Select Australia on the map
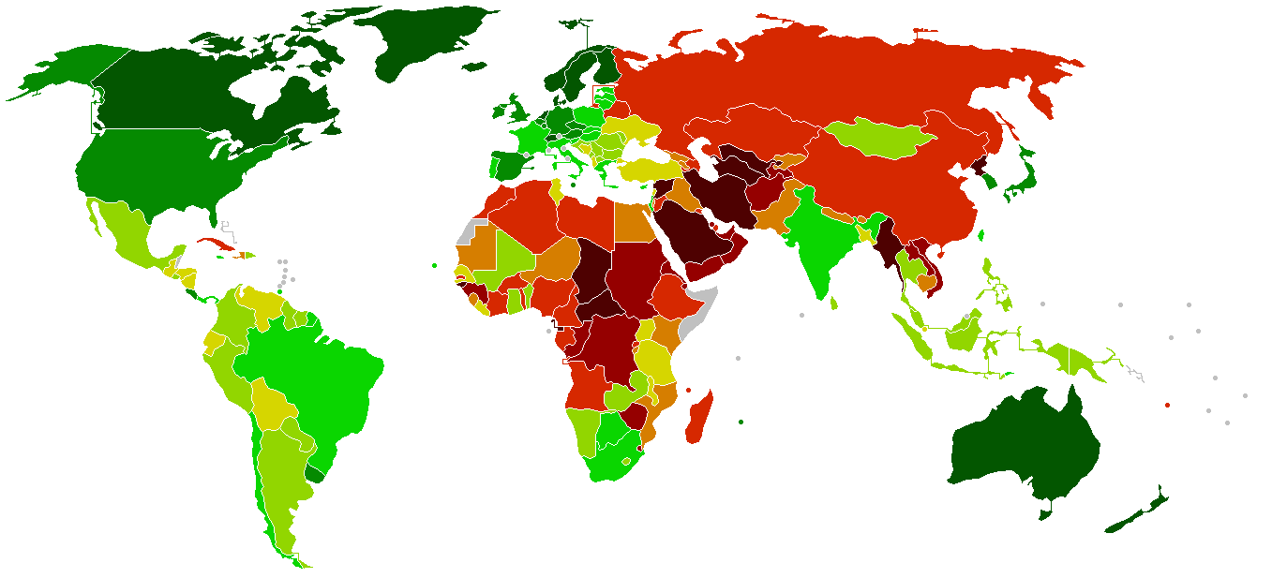[x=1026, y=450]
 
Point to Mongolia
[x=881, y=139]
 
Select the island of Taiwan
[x=981, y=237]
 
